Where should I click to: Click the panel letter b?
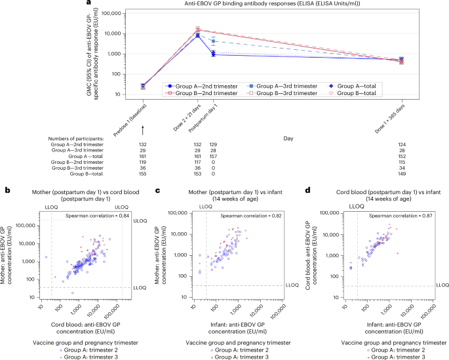(x=6, y=190)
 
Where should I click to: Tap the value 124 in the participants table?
(x=401, y=143)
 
